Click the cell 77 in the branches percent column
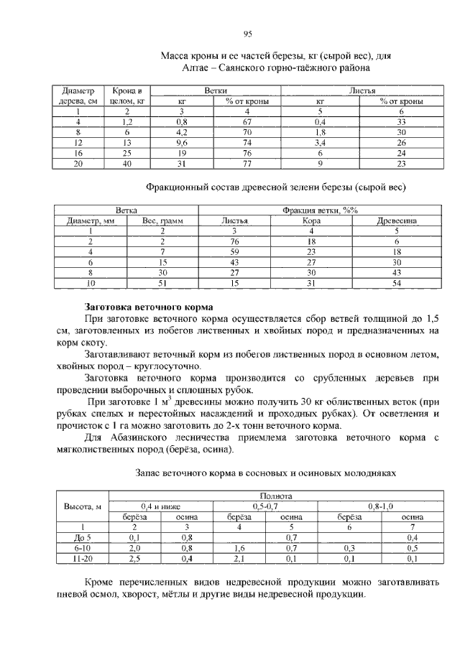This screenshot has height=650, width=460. [247, 164]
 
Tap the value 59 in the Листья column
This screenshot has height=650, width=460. [234, 252]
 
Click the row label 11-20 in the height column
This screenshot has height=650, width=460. [82, 558]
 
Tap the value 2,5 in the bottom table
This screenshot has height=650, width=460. [134, 558]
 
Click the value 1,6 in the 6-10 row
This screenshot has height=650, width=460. [238, 547]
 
